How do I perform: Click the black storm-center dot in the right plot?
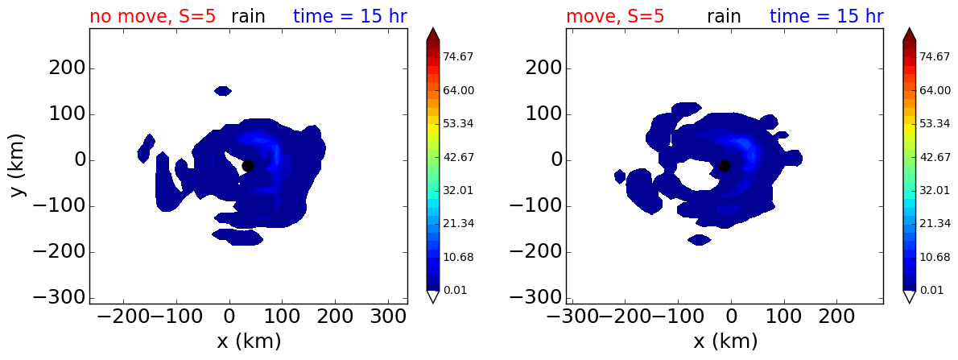(x=724, y=166)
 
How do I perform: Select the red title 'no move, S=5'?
(x=153, y=16)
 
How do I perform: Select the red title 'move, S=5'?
(x=615, y=16)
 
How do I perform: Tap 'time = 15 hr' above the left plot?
(x=350, y=16)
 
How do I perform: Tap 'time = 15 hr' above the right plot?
(x=827, y=16)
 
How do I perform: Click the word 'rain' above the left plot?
(x=248, y=16)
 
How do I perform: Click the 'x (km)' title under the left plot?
(x=249, y=341)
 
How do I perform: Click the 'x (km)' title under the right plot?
(x=725, y=341)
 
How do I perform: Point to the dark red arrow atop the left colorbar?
(x=432, y=34)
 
